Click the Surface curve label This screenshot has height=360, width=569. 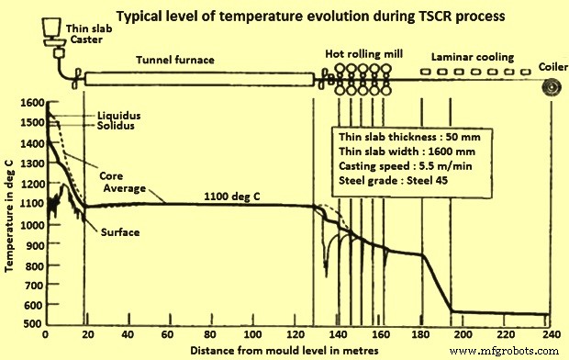pyautogui.click(x=120, y=232)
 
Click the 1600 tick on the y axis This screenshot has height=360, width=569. pyautogui.click(x=29, y=103)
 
